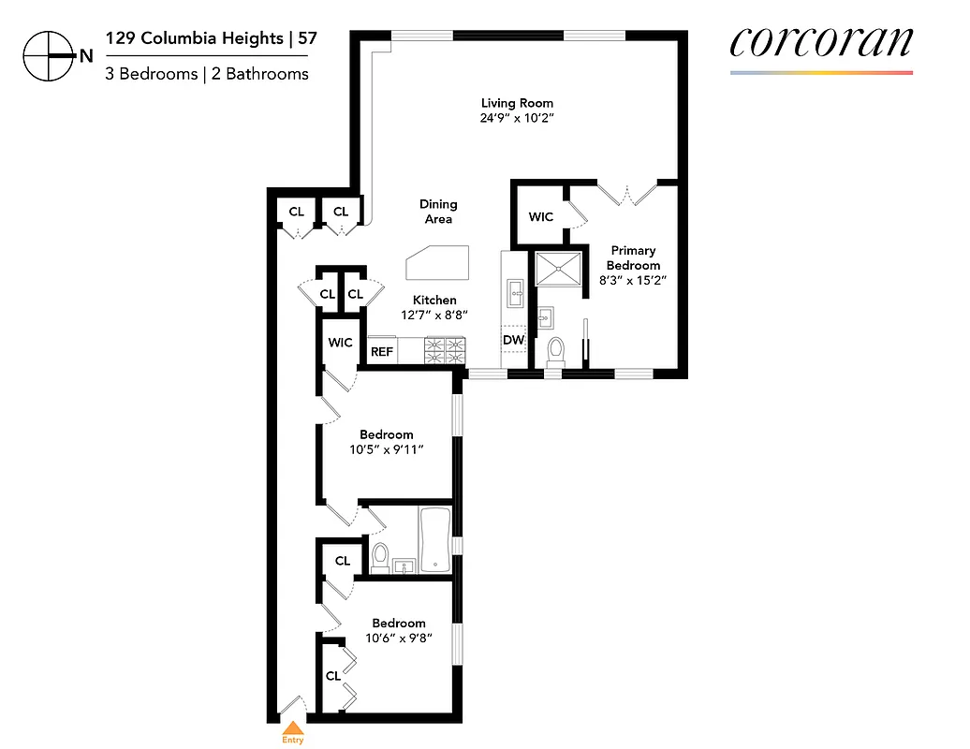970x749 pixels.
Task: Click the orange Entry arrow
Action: point(293,727)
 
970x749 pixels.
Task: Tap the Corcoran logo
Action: point(820,42)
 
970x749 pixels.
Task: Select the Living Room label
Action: point(517,110)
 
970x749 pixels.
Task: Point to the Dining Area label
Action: point(438,211)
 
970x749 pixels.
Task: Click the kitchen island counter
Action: point(437,261)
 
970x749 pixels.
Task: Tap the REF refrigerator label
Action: point(381,352)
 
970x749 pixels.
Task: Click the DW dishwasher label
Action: point(513,340)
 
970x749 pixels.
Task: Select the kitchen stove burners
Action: point(445,350)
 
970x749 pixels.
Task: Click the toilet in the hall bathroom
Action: point(380,556)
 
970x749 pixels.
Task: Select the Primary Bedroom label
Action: point(633,257)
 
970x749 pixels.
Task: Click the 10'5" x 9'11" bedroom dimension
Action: point(387,450)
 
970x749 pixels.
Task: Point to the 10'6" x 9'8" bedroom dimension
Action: point(399,639)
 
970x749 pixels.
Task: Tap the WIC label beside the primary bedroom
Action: point(541,217)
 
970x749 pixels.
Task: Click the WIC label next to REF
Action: point(340,343)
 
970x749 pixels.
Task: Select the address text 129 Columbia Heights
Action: point(194,38)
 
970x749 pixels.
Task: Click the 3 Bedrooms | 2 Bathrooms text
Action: point(207,74)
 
